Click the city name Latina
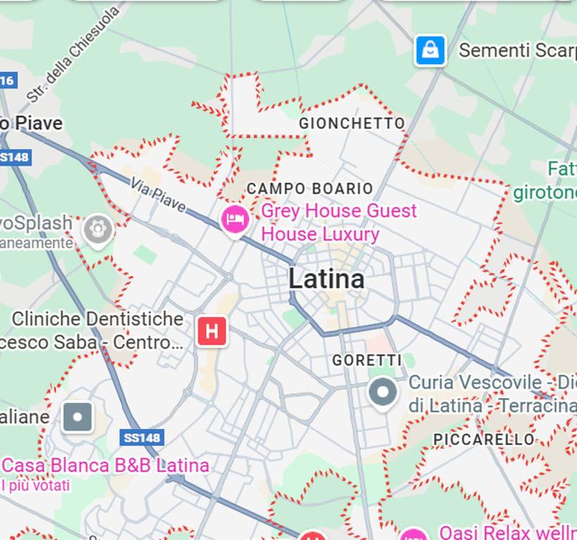tap(326, 279)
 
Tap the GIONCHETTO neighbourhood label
tap(352, 123)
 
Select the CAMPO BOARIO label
tap(310, 188)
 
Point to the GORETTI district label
tap(367, 360)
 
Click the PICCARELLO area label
tap(483, 439)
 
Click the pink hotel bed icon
tap(235, 219)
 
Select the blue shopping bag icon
tap(430, 51)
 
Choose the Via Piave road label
tap(158, 195)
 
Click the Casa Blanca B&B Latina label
tap(106, 465)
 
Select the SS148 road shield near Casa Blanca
tap(143, 437)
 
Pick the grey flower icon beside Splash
tap(98, 229)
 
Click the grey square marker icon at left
tap(77, 417)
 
